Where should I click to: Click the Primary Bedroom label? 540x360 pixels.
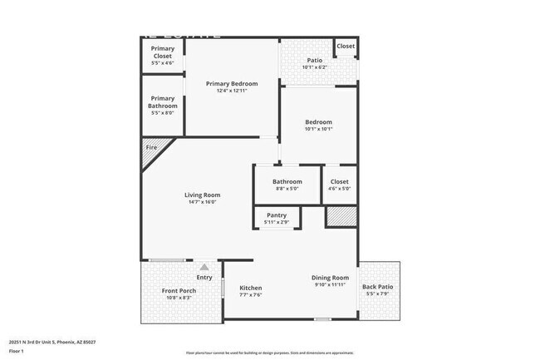coord(232,83)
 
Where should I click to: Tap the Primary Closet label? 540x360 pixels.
coord(163,52)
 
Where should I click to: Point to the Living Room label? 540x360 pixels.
coord(202,195)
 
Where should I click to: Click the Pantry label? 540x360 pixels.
coord(277,215)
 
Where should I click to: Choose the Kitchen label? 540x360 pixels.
coord(251,288)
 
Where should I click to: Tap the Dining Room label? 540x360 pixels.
coord(330,278)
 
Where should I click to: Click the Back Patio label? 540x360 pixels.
coord(378,287)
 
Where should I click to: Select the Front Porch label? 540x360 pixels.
coord(179,290)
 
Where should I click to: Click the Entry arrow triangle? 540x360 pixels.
coord(204,266)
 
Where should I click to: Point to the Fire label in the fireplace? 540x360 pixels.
coord(151,148)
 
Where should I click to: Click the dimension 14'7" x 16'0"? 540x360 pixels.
coord(202,201)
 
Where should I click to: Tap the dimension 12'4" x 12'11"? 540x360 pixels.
coord(232,90)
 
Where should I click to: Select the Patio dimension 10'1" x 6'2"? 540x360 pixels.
coord(314,67)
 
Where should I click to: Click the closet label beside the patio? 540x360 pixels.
coord(346,46)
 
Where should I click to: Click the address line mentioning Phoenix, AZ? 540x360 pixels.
coord(52,341)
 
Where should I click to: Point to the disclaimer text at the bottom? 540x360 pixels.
coord(269,353)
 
